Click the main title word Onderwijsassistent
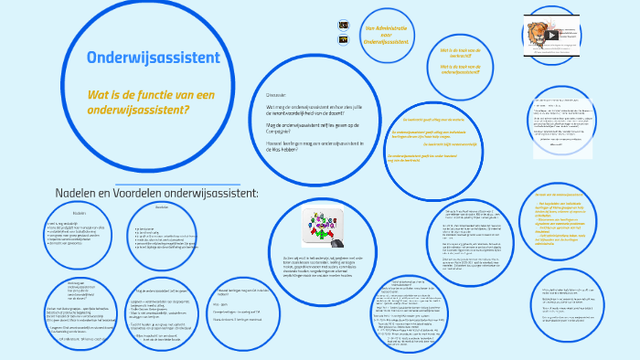153,58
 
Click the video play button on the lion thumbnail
551,36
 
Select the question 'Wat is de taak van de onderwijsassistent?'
460,69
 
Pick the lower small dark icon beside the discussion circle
343,40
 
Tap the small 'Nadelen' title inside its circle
80,212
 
